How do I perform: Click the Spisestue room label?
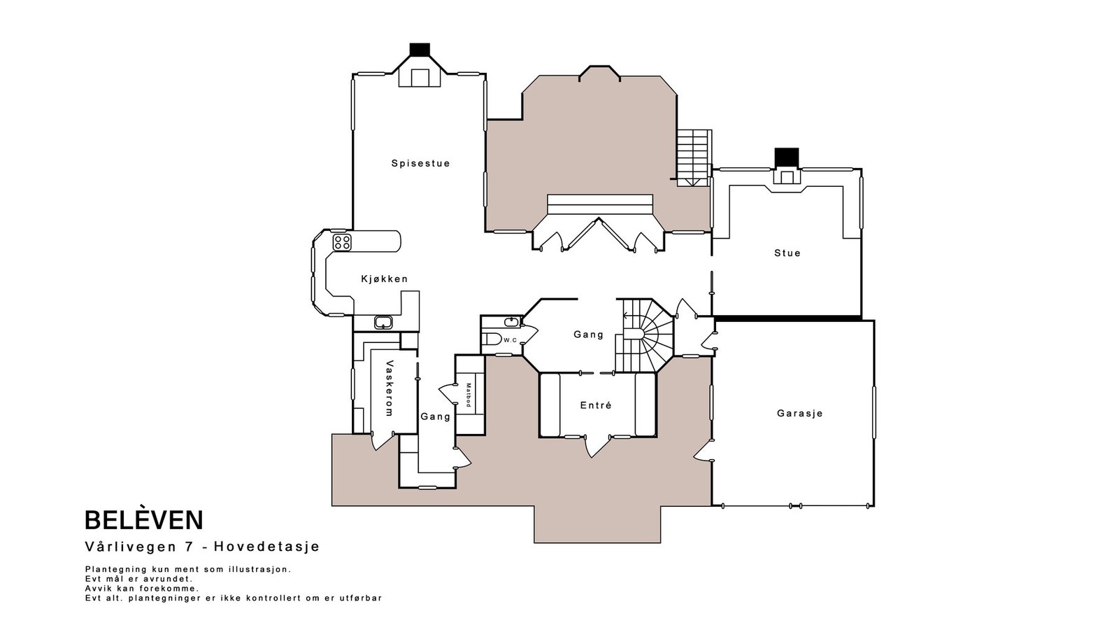point(420,164)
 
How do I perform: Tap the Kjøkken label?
point(384,279)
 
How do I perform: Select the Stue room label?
point(787,253)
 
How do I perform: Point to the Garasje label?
point(799,414)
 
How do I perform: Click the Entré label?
point(596,405)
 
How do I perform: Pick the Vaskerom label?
point(390,388)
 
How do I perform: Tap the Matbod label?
point(469,395)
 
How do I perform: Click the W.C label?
point(510,340)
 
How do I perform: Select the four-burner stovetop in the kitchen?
point(342,242)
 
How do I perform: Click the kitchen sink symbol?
point(383,323)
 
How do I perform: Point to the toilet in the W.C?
point(492,340)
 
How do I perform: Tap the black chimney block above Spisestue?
point(420,50)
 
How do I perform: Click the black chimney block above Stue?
point(787,157)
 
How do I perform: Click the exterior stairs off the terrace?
point(693,155)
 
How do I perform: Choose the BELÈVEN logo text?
point(144,520)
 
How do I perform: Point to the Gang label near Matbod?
point(435,416)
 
